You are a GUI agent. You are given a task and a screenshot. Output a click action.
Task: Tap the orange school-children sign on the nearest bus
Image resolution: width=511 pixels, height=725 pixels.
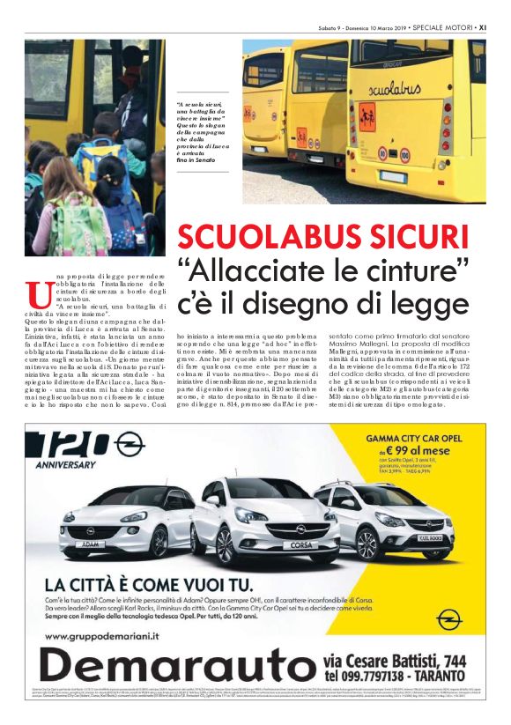click(367, 114)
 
